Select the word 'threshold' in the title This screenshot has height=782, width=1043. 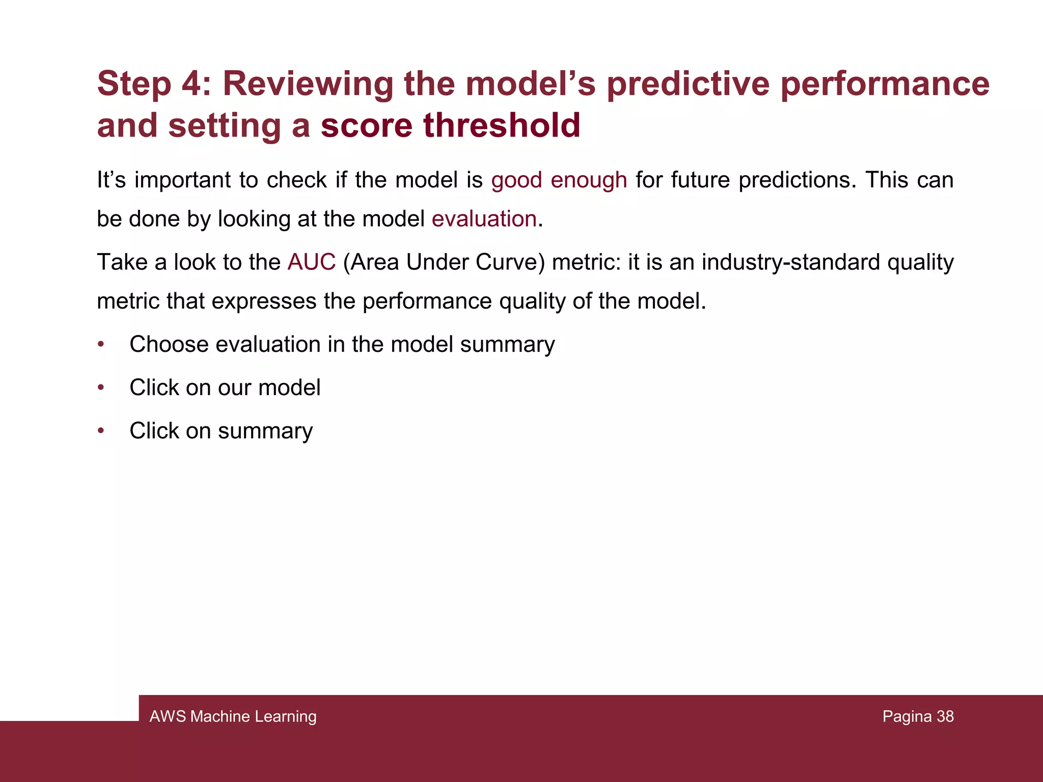[502, 125]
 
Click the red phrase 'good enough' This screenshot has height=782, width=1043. [559, 180]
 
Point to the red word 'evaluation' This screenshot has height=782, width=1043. [484, 219]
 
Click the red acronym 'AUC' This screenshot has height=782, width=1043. [311, 262]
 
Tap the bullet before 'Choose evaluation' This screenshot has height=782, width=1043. [101, 345]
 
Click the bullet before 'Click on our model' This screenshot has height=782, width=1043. [101, 388]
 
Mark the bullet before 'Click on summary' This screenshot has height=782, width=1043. [101, 431]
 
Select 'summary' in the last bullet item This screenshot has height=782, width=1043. [265, 431]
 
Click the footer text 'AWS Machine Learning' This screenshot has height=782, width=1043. [233, 716]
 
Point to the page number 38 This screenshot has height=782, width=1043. [945, 716]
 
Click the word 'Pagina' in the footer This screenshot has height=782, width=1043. [907, 716]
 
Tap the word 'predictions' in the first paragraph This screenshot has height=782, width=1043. [798, 180]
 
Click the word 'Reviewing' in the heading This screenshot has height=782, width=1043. [308, 83]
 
